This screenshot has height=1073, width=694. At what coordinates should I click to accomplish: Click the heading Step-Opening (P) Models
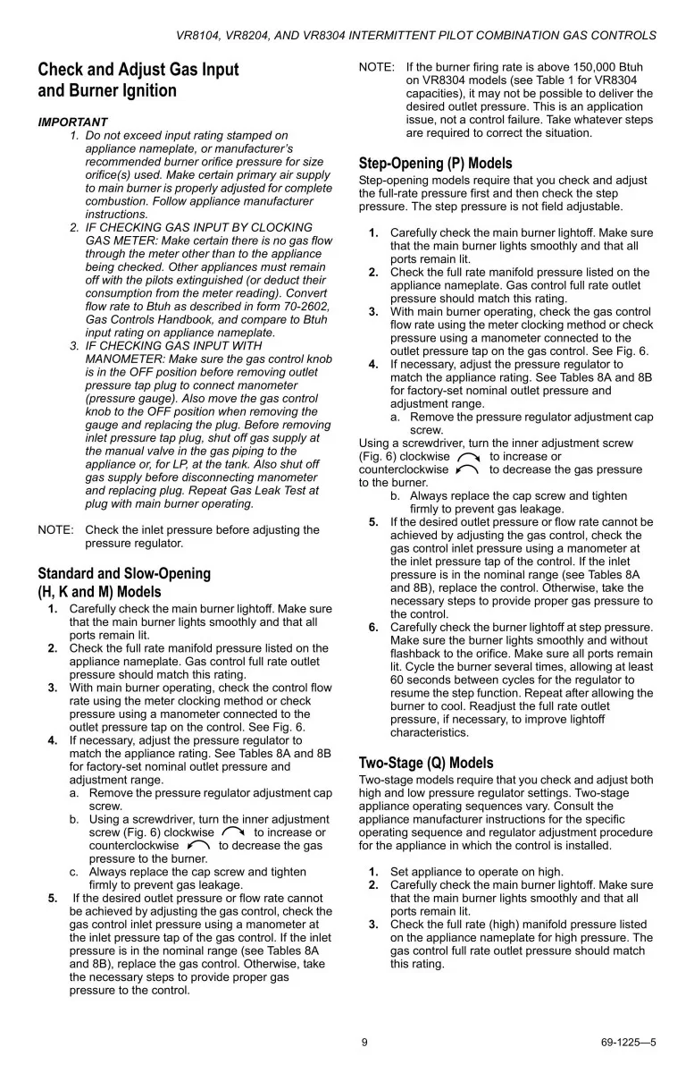point(435,164)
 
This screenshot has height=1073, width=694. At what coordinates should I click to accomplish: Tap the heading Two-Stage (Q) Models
point(425,763)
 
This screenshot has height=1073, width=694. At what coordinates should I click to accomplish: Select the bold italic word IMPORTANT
point(72,122)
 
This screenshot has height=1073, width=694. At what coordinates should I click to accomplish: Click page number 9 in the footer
point(364,1042)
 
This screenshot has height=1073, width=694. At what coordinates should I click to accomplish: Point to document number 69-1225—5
point(629,1042)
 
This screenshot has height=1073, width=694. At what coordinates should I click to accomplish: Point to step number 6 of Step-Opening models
point(373,627)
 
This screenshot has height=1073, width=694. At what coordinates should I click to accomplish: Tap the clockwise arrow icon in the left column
point(232,832)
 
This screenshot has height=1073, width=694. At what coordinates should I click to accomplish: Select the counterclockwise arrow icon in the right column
point(466,469)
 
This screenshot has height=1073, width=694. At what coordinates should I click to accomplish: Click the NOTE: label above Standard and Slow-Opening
point(55,529)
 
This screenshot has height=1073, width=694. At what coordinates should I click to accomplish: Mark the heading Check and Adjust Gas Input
point(138,70)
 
